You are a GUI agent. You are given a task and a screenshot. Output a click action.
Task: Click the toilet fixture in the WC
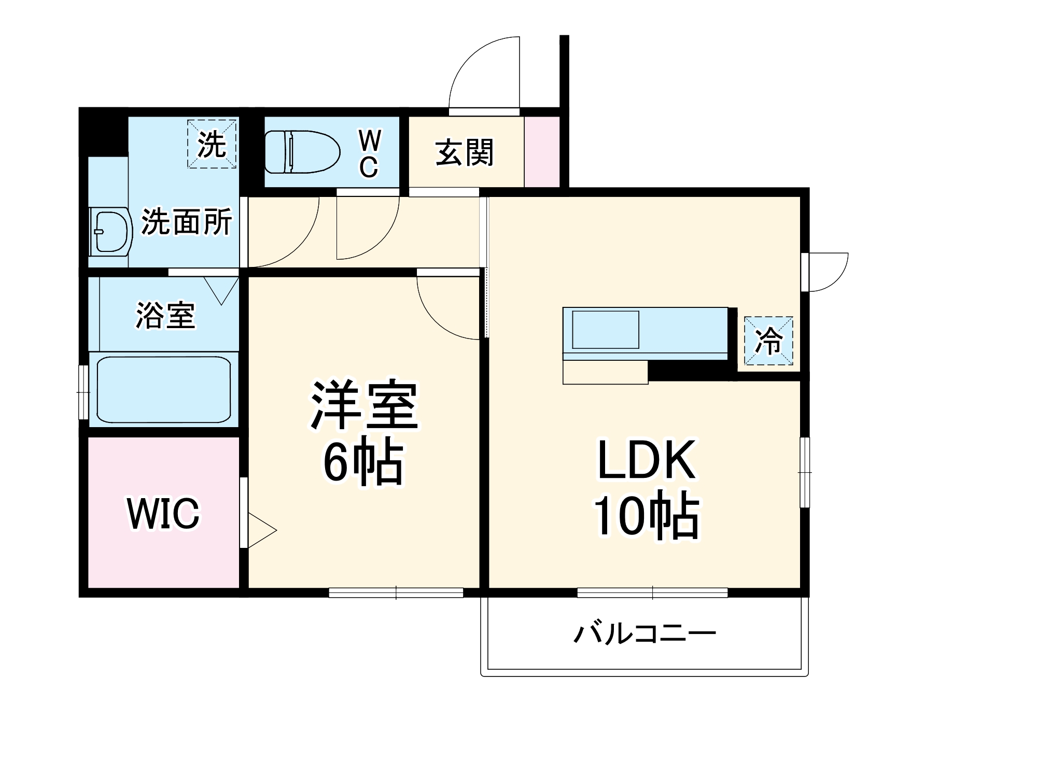[302, 152]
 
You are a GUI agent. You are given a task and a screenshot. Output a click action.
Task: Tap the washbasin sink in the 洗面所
[110, 232]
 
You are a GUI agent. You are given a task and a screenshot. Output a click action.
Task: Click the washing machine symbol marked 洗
[212, 144]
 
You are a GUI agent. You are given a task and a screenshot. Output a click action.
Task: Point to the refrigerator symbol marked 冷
[768, 341]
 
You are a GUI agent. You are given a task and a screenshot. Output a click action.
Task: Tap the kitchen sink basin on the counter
[605, 330]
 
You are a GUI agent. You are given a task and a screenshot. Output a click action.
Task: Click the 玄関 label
[464, 152]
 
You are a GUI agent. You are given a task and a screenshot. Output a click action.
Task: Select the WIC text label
[163, 514]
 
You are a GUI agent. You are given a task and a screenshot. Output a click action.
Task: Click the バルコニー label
[644, 633]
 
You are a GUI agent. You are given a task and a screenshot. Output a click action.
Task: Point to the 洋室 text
[364, 405]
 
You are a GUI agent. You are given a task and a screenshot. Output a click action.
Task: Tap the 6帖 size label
[363, 461]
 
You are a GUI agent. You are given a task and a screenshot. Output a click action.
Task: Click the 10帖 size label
[646, 515]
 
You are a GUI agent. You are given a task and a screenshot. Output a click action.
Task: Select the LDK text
[646, 460]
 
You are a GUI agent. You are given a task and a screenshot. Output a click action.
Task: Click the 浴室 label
[165, 315]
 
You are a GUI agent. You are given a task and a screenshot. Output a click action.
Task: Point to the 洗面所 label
[186, 222]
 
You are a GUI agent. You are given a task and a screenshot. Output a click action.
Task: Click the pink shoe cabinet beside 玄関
[542, 151]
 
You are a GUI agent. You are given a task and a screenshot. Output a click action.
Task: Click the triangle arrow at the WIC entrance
[261, 530]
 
